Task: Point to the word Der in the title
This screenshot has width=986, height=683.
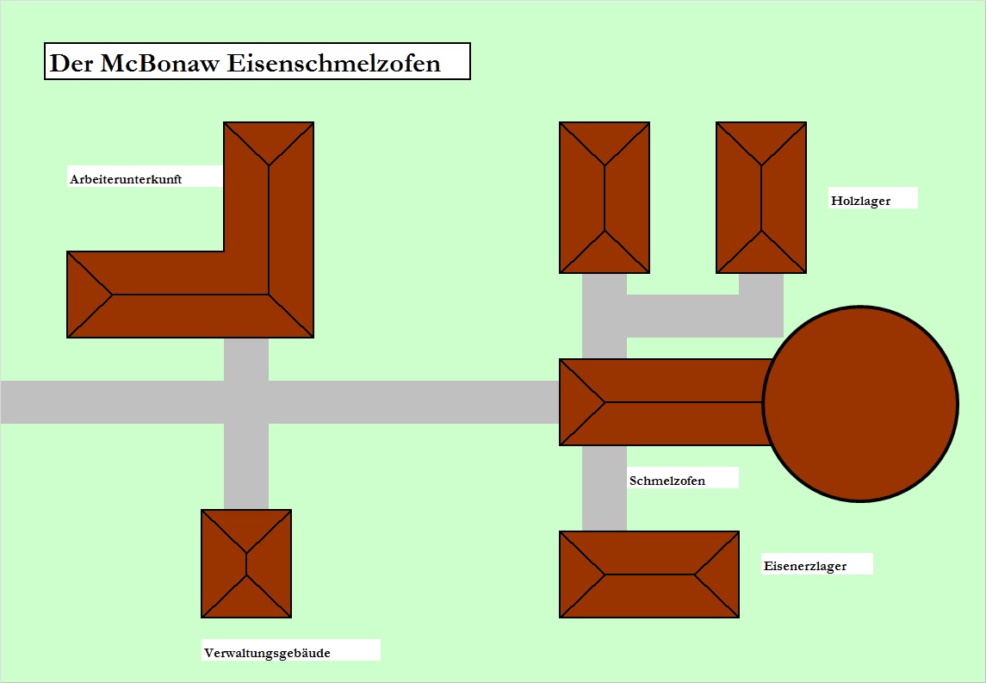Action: (x=70, y=63)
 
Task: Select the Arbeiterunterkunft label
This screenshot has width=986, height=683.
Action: (x=126, y=179)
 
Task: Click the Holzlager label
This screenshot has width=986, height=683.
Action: (x=860, y=201)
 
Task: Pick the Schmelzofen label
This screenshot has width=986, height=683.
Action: (x=667, y=481)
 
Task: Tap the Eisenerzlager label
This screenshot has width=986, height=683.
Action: (x=804, y=566)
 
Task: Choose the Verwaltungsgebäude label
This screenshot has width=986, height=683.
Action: (x=267, y=653)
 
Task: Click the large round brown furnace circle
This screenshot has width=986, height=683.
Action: (x=860, y=402)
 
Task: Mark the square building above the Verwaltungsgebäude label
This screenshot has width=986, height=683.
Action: (x=246, y=563)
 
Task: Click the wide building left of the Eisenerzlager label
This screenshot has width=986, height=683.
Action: (x=649, y=574)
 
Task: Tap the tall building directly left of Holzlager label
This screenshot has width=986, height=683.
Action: (x=761, y=197)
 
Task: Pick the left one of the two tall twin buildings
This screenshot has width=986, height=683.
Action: (x=605, y=197)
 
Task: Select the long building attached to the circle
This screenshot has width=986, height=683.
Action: (x=663, y=402)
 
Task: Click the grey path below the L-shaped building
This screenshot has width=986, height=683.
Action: (x=246, y=358)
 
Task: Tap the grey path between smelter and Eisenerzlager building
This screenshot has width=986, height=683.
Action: (x=605, y=488)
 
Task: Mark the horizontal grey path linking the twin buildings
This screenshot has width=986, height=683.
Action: (x=689, y=316)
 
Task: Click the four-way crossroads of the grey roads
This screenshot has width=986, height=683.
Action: (x=246, y=402)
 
